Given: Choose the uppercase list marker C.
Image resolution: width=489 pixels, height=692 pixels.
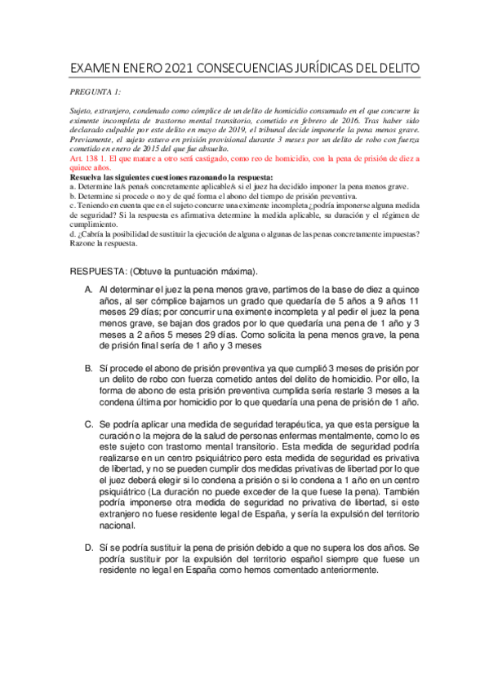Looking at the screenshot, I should coord(87,425).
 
